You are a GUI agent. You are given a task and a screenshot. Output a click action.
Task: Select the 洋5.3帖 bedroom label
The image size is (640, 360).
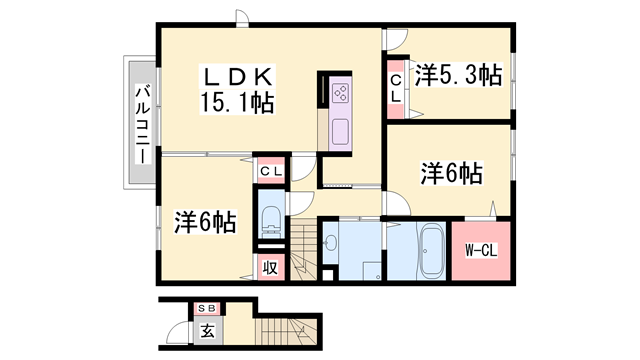click(x=458, y=74)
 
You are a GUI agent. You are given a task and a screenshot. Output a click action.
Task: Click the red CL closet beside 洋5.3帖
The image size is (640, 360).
click(x=397, y=88)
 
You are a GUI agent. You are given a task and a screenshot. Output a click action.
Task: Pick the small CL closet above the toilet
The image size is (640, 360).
click(x=270, y=171)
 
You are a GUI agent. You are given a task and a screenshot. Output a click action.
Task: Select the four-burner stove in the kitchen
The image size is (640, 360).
click(x=339, y=93)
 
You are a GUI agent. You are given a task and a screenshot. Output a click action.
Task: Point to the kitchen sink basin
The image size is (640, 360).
click(x=338, y=131)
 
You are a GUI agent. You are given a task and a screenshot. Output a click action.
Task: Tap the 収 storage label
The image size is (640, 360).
click(x=270, y=267)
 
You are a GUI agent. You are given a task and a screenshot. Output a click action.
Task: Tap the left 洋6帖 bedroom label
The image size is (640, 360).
click(x=205, y=221)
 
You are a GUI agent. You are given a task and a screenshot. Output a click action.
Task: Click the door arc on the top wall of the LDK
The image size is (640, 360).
click(x=241, y=17)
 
